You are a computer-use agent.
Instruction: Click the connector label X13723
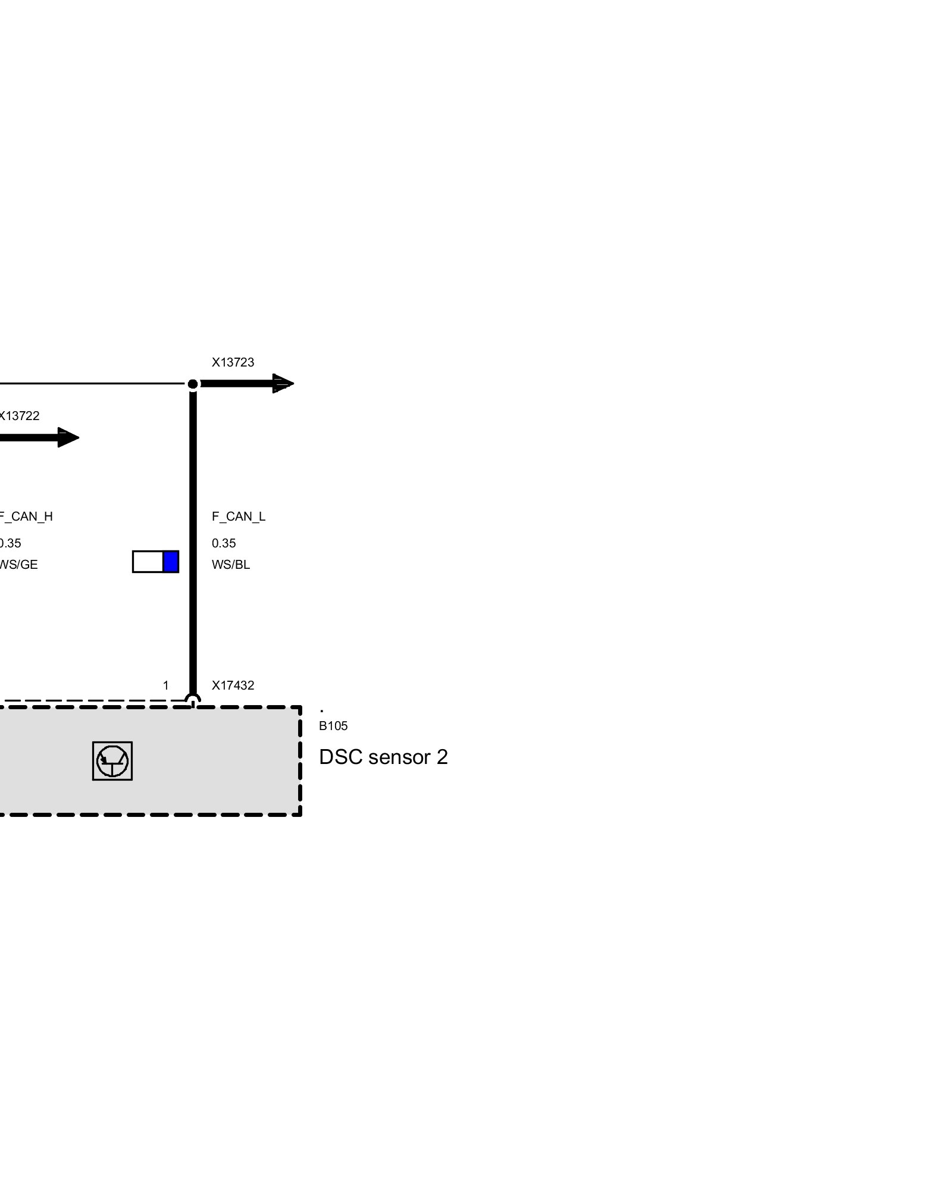[x=233, y=362]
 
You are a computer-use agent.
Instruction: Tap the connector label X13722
[x=19, y=416]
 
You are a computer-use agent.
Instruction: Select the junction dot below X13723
[x=193, y=384]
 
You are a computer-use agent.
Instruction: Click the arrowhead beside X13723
[x=283, y=384]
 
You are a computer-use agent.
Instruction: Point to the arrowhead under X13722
[x=68, y=437]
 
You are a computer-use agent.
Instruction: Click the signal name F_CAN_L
[x=238, y=516]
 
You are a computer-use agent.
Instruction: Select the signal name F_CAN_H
[x=26, y=516]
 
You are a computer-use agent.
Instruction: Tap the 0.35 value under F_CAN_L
[x=224, y=543]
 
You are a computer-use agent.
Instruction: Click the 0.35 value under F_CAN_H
[x=10, y=543]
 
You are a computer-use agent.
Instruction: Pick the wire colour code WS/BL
[x=231, y=565]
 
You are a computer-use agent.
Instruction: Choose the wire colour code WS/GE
[x=18, y=565]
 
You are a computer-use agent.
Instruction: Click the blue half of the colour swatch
[x=171, y=562]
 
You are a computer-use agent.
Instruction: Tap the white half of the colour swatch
[x=148, y=562]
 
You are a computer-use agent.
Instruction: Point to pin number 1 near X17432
[x=166, y=685]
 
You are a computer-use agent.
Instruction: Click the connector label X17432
[x=233, y=685]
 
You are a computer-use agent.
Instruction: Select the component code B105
[x=333, y=726]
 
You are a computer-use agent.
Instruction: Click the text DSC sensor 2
[x=383, y=757]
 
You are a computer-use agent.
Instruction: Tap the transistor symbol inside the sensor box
[x=112, y=760]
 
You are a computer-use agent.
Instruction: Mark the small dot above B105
[x=322, y=711]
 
